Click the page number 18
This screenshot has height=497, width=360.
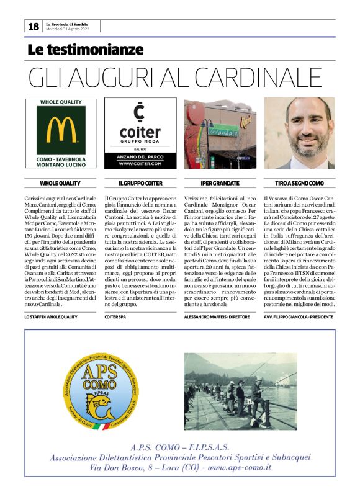[x=34, y=26]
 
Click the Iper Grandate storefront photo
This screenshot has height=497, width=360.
[x=220, y=133]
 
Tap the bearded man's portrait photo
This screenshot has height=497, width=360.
[x=299, y=133]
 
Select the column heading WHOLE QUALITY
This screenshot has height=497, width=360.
[x=60, y=184]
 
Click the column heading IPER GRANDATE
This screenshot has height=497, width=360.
[x=220, y=184]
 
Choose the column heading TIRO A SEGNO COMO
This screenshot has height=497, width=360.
[x=299, y=184]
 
